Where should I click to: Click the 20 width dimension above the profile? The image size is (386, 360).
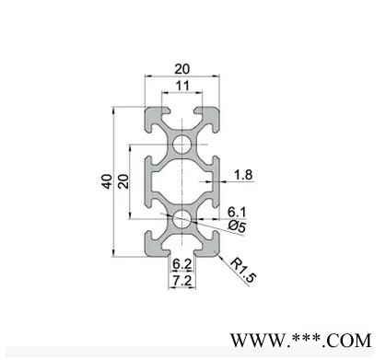pyautogui.click(x=182, y=69)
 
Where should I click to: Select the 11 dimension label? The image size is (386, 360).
pyautogui.click(x=182, y=86)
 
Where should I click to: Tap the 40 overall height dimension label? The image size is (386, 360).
pyautogui.click(x=107, y=181)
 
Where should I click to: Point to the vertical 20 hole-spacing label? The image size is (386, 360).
pyautogui.click(x=123, y=181)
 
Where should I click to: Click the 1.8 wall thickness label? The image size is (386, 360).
pyautogui.click(x=243, y=175)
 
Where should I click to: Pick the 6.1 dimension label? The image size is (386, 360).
pyautogui.click(x=237, y=212)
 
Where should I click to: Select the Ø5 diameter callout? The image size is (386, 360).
pyautogui.click(x=238, y=226)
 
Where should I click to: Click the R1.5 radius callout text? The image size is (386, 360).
pyautogui.click(x=243, y=271)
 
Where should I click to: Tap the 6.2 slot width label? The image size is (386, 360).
pyautogui.click(x=182, y=263)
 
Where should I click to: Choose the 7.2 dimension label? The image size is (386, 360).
pyautogui.click(x=182, y=280)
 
